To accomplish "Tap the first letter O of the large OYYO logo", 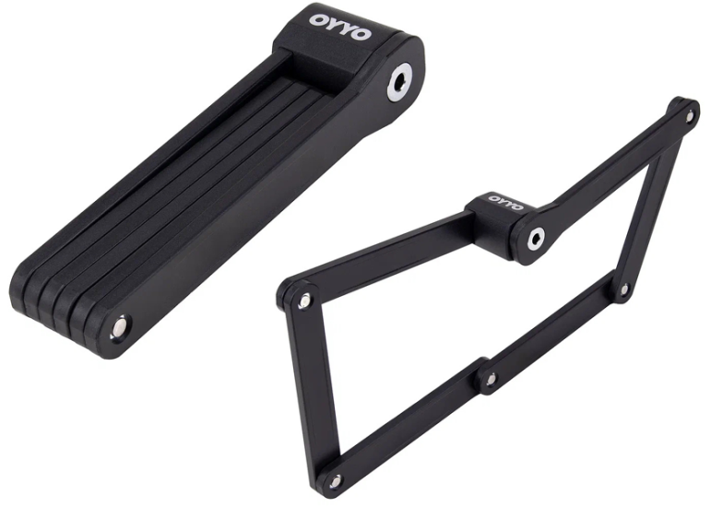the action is [x=318, y=20].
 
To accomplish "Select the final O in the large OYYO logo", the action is [x=361, y=33].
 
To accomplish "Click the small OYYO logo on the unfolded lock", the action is [x=505, y=202].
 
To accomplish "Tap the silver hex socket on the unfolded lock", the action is [x=537, y=238].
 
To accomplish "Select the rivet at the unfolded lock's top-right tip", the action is [x=690, y=115].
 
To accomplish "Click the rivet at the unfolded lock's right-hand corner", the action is [x=624, y=289].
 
